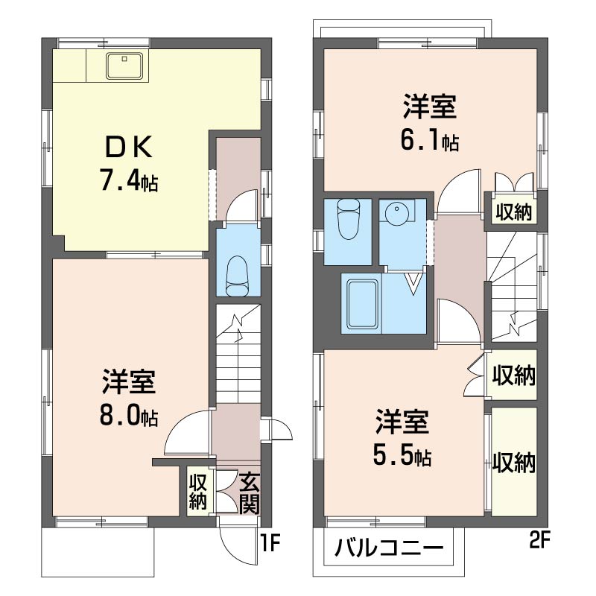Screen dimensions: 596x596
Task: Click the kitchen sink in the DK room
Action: click(124, 66)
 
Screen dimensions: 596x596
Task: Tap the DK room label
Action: click(128, 148)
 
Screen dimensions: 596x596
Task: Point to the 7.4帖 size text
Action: click(128, 181)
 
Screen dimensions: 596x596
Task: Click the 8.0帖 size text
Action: click(128, 416)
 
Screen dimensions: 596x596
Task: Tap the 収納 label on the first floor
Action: click(197, 492)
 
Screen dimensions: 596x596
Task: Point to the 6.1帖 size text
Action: click(430, 140)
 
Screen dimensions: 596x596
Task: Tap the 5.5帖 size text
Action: click(402, 455)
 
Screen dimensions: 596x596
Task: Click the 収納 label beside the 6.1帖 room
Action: click(515, 213)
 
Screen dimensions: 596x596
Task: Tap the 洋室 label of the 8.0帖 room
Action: click(128, 382)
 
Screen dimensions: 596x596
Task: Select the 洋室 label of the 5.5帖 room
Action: click(402, 422)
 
